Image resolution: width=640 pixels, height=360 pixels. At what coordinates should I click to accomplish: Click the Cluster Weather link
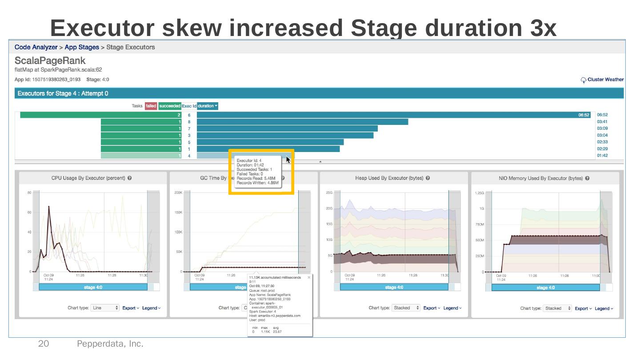tap(605, 80)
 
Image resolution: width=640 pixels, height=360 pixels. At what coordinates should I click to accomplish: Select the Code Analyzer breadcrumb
tap(36, 47)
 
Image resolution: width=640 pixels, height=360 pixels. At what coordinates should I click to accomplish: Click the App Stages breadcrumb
tap(82, 47)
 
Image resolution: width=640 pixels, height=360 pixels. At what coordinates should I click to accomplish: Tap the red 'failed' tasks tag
tap(151, 106)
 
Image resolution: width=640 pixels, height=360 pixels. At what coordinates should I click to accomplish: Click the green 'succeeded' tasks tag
tap(169, 106)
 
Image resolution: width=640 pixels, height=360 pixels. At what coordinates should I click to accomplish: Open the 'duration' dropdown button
tap(208, 106)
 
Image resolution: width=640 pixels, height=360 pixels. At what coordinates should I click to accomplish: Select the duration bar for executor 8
tap(302, 122)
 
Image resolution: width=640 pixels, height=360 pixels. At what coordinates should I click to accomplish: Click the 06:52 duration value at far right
tap(602, 115)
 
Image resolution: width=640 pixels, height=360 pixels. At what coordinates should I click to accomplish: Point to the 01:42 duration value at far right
tap(602, 156)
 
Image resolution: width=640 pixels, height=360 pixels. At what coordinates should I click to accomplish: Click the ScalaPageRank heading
tap(50, 60)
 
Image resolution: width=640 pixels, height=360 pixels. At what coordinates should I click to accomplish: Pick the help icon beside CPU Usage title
tap(129, 178)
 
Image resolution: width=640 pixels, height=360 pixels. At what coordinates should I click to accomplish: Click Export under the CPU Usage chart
tap(130, 308)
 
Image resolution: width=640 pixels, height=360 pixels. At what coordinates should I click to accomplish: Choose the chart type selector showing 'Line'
tap(105, 308)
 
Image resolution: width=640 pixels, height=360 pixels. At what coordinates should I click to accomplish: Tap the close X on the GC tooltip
tap(309, 277)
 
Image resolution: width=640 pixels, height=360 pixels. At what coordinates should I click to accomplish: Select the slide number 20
tap(44, 344)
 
